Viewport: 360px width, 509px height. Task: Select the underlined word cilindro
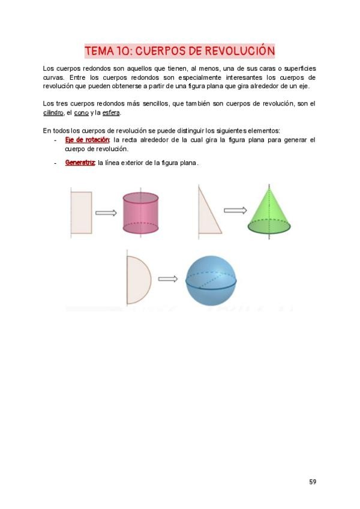click(53, 113)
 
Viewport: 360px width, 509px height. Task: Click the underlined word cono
click(81, 113)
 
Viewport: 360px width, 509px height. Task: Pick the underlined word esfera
click(111, 113)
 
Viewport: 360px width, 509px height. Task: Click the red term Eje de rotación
click(88, 140)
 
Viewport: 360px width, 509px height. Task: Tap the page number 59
click(313, 482)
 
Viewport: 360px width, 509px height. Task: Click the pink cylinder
click(140, 214)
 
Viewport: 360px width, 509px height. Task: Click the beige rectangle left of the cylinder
click(81, 212)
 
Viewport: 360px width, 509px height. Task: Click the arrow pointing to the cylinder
click(106, 212)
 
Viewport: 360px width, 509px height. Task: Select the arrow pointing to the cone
click(235, 210)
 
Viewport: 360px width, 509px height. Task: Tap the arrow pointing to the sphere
click(168, 279)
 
